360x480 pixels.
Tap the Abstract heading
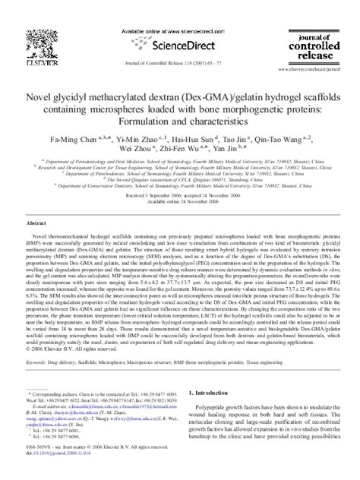coord(39,226)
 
